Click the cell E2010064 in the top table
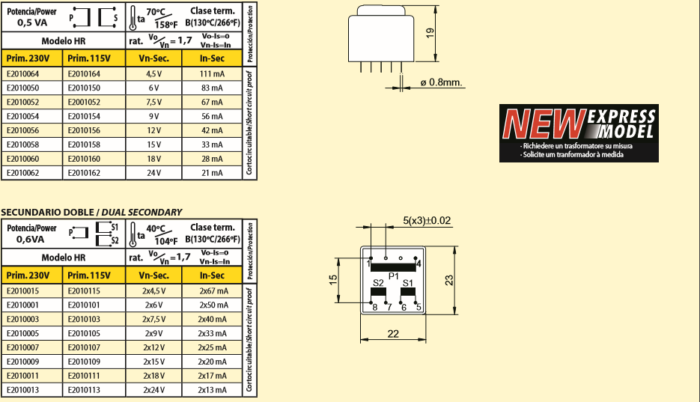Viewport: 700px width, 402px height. (22, 74)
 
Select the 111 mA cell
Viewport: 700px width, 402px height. (212, 74)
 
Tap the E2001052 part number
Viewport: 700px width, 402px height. (84, 102)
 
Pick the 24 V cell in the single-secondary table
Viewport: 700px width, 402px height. (153, 173)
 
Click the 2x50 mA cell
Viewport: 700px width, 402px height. (213, 305)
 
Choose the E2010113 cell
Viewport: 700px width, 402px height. (84, 390)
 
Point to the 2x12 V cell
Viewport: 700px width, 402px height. (153, 347)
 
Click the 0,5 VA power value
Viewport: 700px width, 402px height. (32, 22)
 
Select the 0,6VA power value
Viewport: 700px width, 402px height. (31, 240)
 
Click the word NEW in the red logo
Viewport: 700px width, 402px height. (544, 124)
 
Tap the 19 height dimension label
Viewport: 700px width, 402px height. (430, 33)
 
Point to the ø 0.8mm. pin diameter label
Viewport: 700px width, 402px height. (441, 82)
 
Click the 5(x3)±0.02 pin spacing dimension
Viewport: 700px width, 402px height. (427, 220)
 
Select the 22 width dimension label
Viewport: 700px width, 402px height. (393, 334)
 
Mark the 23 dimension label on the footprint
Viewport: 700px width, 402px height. (449, 280)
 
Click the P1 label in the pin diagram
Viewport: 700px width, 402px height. (393, 277)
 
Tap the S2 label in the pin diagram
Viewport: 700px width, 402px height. (378, 283)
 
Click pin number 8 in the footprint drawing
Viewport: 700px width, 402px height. (375, 308)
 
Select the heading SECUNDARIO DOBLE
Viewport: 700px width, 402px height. (47, 213)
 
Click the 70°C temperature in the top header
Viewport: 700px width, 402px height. (156, 11)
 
